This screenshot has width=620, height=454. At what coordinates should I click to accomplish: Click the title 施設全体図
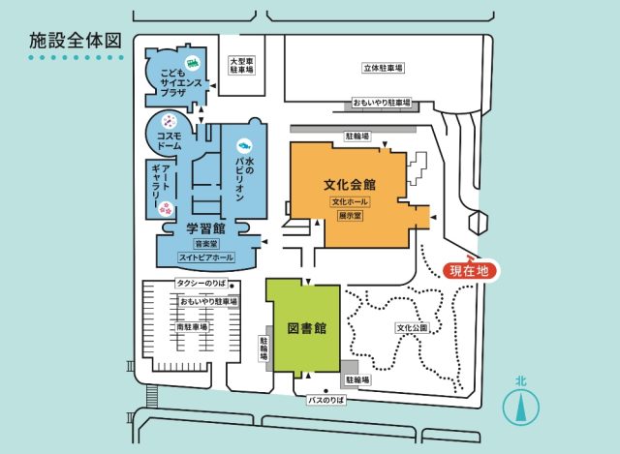click(75, 41)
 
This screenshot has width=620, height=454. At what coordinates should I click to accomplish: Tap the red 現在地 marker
click(469, 271)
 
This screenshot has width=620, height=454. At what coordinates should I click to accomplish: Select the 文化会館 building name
click(350, 185)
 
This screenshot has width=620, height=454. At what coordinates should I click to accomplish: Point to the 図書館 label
click(307, 328)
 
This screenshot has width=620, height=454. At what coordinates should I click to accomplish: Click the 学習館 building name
click(205, 228)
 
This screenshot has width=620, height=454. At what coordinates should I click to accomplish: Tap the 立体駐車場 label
click(383, 68)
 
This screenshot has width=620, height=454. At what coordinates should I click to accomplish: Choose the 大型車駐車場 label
click(241, 66)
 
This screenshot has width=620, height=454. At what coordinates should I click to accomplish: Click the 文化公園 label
click(412, 327)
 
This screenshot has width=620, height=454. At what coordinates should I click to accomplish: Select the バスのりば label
click(326, 400)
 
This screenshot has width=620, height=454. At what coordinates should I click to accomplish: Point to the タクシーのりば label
click(201, 283)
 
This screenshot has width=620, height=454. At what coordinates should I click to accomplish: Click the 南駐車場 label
click(192, 327)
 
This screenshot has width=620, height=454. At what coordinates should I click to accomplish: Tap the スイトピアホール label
click(206, 257)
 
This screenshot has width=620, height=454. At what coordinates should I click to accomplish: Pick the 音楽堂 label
click(206, 244)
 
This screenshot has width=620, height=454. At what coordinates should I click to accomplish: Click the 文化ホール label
click(350, 202)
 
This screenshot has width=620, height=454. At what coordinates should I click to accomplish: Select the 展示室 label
click(350, 216)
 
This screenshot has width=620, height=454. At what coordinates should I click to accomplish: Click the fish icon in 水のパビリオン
click(244, 145)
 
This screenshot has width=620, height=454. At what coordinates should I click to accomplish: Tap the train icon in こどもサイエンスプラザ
click(193, 62)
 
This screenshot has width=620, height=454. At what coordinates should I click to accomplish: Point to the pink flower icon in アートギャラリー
click(166, 209)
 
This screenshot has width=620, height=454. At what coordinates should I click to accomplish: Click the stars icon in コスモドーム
click(169, 121)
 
